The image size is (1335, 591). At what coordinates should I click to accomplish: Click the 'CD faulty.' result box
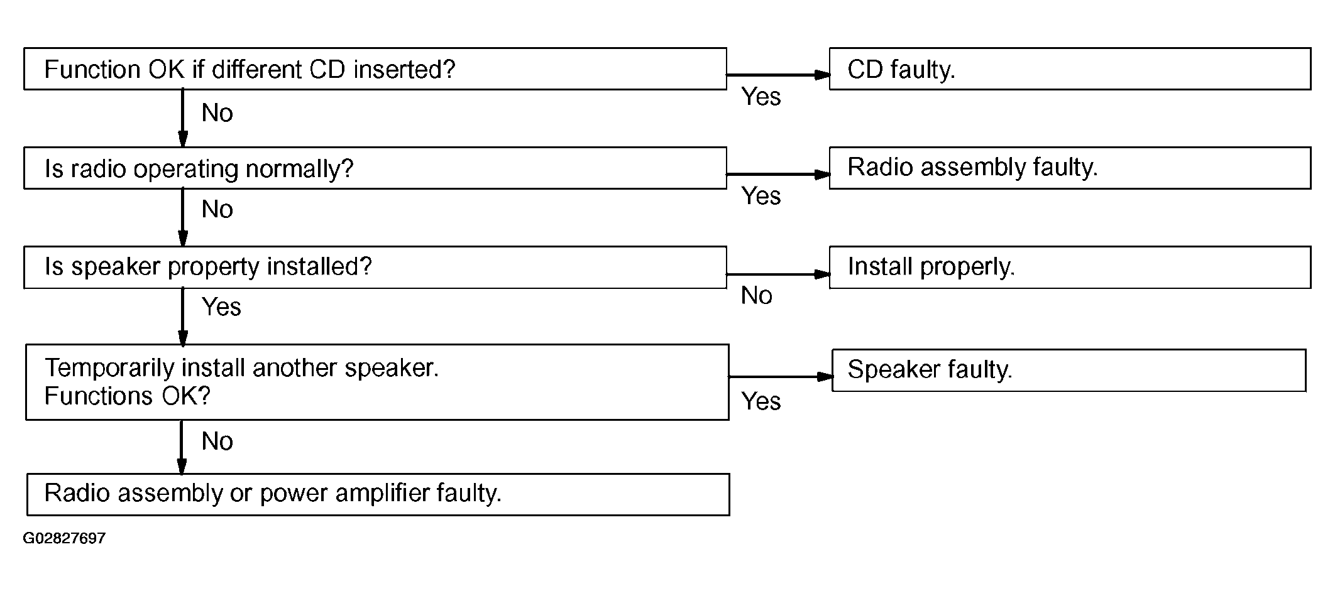[x=1070, y=68]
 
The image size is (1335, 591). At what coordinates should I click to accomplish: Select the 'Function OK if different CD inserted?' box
[x=375, y=68]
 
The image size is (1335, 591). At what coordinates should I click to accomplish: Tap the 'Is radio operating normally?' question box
[x=375, y=168]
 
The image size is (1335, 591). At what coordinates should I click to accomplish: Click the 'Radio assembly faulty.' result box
[x=1070, y=168]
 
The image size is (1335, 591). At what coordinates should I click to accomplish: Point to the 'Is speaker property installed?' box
[x=375, y=267]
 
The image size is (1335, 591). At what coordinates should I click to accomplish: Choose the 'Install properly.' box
[x=1070, y=267]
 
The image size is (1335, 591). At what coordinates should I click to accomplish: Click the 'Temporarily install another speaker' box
[x=377, y=382]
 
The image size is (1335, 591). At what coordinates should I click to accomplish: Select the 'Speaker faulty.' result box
[x=1069, y=371]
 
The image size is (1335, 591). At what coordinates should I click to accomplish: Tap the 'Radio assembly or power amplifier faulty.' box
[x=378, y=494]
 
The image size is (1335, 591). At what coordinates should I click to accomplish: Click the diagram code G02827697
[x=64, y=538]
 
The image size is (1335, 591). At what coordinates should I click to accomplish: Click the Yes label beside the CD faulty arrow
[x=761, y=97]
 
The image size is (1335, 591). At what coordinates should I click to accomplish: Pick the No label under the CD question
[x=217, y=113]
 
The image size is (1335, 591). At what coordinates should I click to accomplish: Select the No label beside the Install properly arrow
[x=757, y=295]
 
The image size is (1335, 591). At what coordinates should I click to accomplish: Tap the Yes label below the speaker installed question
[x=221, y=307]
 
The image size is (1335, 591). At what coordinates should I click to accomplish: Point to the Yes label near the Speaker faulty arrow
[x=761, y=401]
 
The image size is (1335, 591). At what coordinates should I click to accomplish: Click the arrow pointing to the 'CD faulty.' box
[x=778, y=75]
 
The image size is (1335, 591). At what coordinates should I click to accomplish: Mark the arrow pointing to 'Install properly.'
[x=778, y=274]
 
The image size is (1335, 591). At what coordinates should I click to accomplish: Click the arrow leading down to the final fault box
[x=182, y=447]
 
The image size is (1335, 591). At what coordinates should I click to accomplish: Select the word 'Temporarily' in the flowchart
[x=109, y=369]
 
